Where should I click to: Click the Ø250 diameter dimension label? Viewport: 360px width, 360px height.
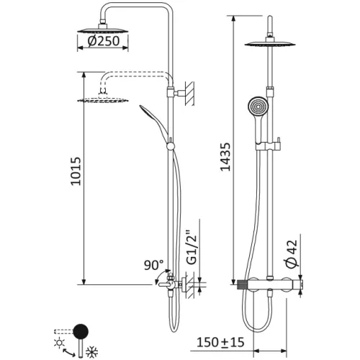(104, 42)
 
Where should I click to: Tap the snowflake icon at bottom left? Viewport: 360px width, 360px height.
(92, 351)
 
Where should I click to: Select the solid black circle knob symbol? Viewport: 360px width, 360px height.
(81, 332)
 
